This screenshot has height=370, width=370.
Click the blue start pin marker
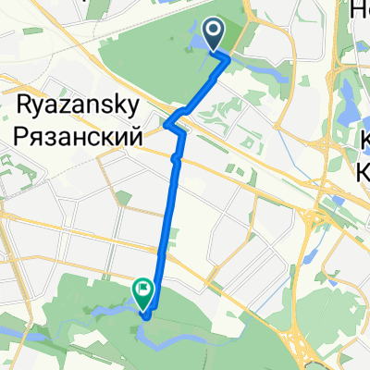coord(214,35)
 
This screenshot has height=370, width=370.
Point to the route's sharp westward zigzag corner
coord(166,123)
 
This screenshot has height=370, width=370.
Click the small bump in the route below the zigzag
coord(174,160)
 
